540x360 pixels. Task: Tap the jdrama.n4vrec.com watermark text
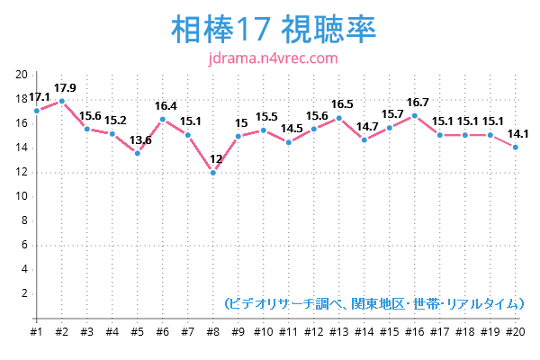271,58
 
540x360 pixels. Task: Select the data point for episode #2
62,101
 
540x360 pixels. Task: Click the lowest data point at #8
213,172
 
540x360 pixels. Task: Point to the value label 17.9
65,87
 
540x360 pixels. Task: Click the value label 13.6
140,139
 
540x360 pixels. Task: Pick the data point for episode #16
415,115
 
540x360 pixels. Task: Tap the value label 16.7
418,102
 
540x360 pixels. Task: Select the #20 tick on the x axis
516,331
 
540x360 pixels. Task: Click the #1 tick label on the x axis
37,331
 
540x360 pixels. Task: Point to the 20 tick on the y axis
22,75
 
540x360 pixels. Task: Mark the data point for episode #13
339,118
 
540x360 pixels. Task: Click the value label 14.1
518,134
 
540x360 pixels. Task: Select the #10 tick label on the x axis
264,331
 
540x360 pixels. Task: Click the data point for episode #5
138,153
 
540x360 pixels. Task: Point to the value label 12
216,158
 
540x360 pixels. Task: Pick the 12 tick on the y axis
22,172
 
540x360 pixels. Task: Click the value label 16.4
166,105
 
